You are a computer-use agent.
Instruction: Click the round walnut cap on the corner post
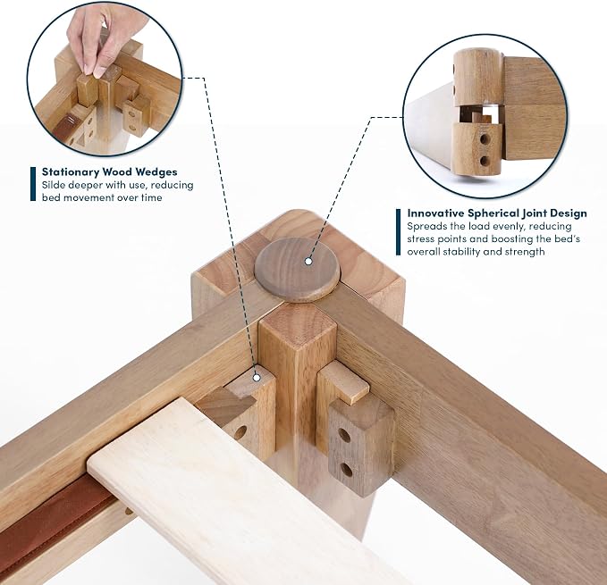click(x=296, y=269)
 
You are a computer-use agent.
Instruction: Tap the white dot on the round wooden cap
click(x=308, y=262)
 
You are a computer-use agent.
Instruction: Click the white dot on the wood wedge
click(x=257, y=378)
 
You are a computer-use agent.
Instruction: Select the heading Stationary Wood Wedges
click(x=110, y=171)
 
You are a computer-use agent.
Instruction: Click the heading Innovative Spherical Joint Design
click(x=497, y=213)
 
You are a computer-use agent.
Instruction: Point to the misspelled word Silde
click(x=54, y=185)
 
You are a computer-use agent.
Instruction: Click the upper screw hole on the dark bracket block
click(x=343, y=436)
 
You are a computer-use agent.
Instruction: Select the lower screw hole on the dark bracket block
click(x=347, y=470)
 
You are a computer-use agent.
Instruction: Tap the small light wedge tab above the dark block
click(x=344, y=382)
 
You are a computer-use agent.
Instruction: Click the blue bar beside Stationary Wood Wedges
click(x=33, y=184)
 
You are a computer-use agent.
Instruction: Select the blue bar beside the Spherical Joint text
click(x=399, y=232)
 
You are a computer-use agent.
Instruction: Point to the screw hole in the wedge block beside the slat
click(x=240, y=432)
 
